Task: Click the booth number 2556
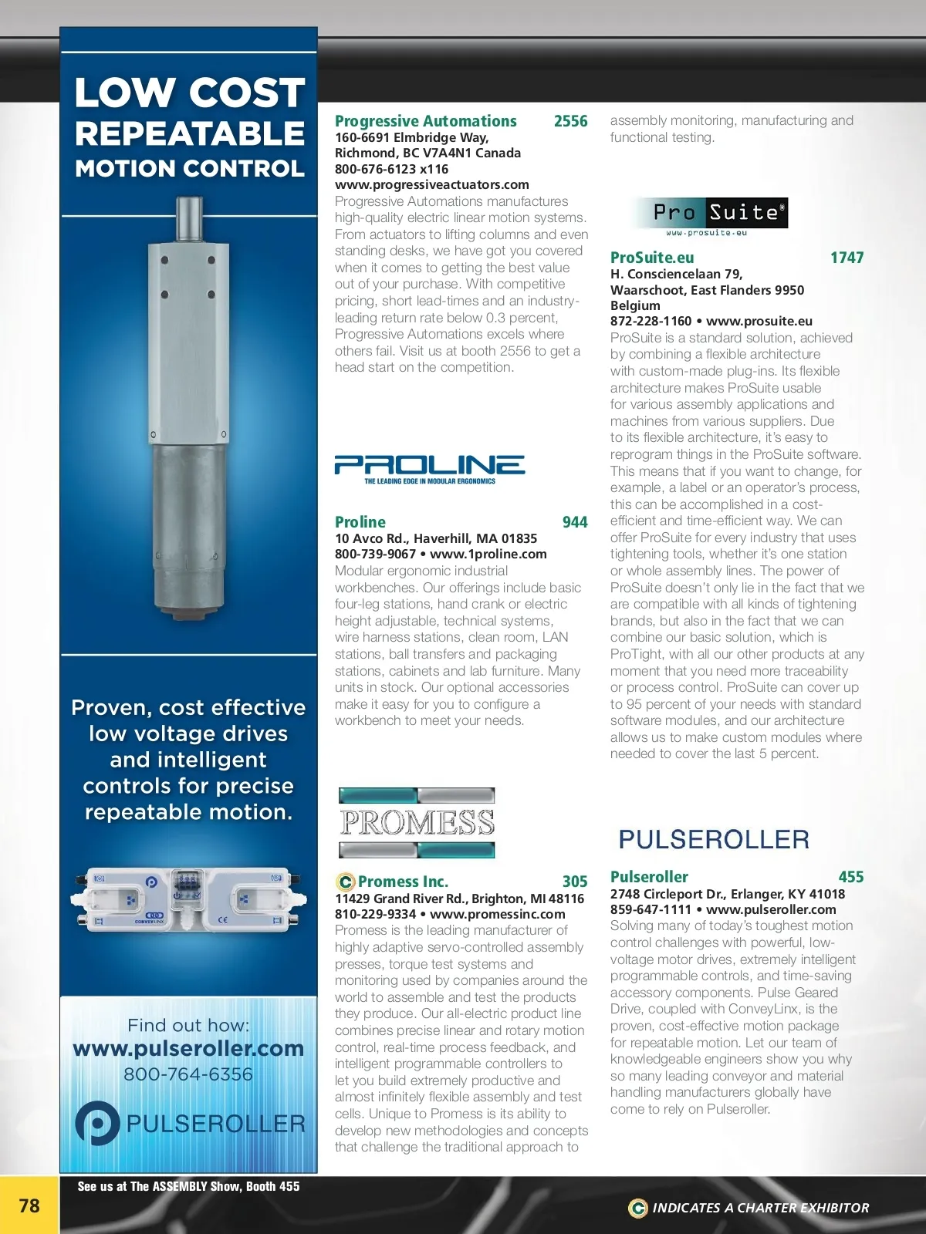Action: click(570, 121)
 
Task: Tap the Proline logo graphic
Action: click(429, 469)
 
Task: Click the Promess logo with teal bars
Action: click(417, 823)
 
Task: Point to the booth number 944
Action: click(575, 522)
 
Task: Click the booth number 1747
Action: click(847, 258)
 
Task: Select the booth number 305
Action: click(575, 882)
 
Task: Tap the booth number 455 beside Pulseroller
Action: click(850, 877)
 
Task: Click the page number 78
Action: click(29, 1205)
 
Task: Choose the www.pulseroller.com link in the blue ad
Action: click(188, 1049)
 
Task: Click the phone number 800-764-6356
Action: click(188, 1074)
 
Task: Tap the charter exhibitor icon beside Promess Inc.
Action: click(345, 882)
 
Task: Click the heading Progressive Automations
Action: click(425, 121)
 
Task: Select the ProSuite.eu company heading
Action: click(652, 258)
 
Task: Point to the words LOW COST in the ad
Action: click(190, 93)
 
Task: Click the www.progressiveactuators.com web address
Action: click(431, 184)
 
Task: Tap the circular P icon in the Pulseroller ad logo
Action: click(97, 1123)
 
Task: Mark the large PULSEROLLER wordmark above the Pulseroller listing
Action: click(714, 839)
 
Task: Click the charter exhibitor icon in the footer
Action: click(637, 1208)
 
